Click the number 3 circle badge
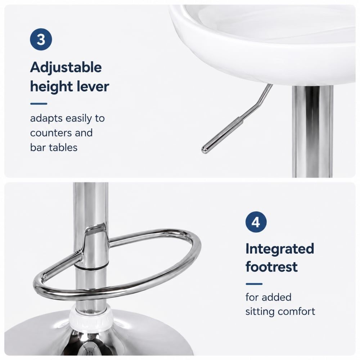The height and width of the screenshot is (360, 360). point(41,39)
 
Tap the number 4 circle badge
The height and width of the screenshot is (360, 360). point(256,222)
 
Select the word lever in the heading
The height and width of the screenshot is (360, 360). point(93,86)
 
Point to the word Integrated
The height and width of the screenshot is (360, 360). point(280,249)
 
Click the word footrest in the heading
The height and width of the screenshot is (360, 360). point(271,266)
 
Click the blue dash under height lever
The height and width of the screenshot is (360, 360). point(39,104)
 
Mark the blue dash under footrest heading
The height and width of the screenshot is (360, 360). point(254,284)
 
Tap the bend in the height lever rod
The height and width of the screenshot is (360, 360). point(261,103)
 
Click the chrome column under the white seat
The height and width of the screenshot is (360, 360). point(312,131)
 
